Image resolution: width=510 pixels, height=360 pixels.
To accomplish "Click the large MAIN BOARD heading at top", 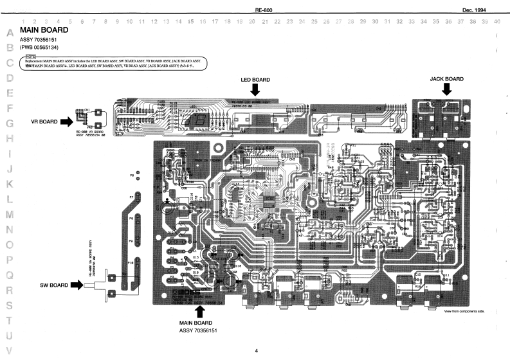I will coord(46,30).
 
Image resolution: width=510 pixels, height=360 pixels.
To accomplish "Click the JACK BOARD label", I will coord(446,78).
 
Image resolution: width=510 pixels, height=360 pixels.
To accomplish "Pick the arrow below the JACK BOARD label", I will coord(446,92).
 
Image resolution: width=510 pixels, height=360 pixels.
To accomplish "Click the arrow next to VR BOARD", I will coord(66,120).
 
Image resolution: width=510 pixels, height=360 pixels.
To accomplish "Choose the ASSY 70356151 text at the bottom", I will coord(201,330).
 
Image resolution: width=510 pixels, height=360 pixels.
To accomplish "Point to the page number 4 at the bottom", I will coord(256,350).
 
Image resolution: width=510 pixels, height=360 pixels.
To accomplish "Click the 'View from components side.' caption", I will coord(464,311).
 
